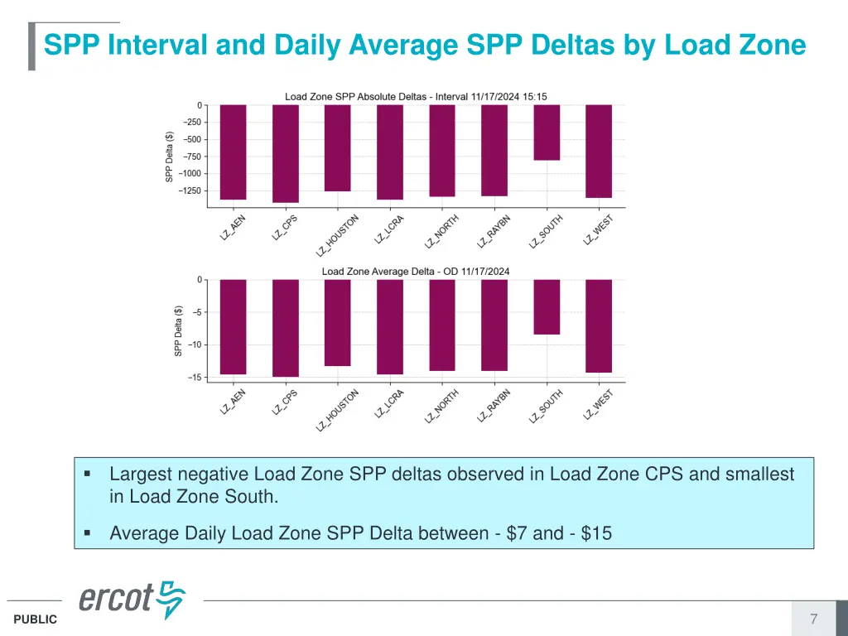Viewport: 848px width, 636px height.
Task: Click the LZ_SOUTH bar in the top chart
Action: [x=547, y=132]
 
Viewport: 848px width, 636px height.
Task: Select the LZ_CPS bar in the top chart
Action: [x=286, y=153]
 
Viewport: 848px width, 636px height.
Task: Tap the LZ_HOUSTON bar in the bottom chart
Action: [x=338, y=323]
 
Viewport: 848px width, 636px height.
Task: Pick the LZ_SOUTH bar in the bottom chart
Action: [x=547, y=307]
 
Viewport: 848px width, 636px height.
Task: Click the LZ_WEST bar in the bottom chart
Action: [x=599, y=326]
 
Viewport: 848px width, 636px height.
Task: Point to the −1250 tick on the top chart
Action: [x=191, y=190]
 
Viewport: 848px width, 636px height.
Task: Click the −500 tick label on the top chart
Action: [x=191, y=139]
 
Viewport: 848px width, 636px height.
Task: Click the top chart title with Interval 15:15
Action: [x=416, y=96]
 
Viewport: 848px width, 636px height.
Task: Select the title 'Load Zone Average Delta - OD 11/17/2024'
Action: [x=416, y=271]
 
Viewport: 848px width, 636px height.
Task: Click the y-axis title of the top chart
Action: [x=169, y=157]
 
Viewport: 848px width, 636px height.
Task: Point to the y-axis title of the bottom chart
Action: [x=178, y=331]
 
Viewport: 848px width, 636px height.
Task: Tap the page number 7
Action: [x=813, y=619]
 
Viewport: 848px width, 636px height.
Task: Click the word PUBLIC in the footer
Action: [x=36, y=619]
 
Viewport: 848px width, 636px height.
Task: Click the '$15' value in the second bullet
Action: [x=596, y=533]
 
